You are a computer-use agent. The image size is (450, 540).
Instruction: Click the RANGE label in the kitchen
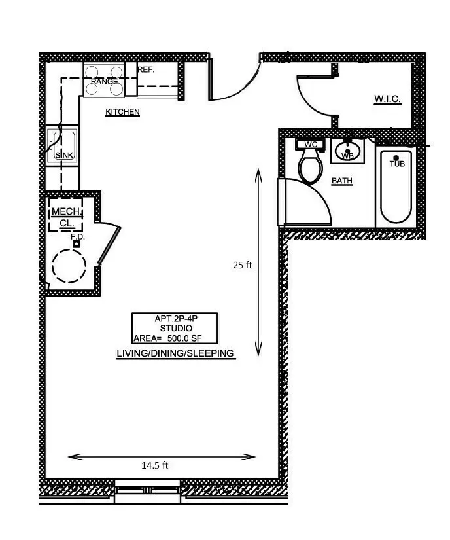tap(105, 82)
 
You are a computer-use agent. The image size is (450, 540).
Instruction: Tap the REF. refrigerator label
tap(146, 69)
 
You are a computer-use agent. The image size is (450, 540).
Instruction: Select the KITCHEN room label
tap(122, 112)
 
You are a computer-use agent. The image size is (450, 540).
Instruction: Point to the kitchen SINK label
tap(63, 155)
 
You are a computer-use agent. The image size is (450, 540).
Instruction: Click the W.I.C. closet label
tap(387, 99)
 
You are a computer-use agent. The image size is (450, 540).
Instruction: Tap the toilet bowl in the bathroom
tap(310, 166)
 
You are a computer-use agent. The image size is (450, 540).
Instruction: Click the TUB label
tap(397, 164)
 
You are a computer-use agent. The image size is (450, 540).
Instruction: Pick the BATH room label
tap(342, 181)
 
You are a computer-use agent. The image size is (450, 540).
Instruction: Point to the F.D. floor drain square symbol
tap(77, 243)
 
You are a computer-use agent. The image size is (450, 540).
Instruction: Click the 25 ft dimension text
tap(242, 265)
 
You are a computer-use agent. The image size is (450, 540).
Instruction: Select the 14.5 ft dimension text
tap(155, 465)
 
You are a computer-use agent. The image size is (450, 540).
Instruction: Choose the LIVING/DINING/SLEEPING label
tap(175, 353)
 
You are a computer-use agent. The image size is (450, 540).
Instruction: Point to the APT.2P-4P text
tap(175, 319)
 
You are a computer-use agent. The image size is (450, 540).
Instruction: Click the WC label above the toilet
tap(311, 144)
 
